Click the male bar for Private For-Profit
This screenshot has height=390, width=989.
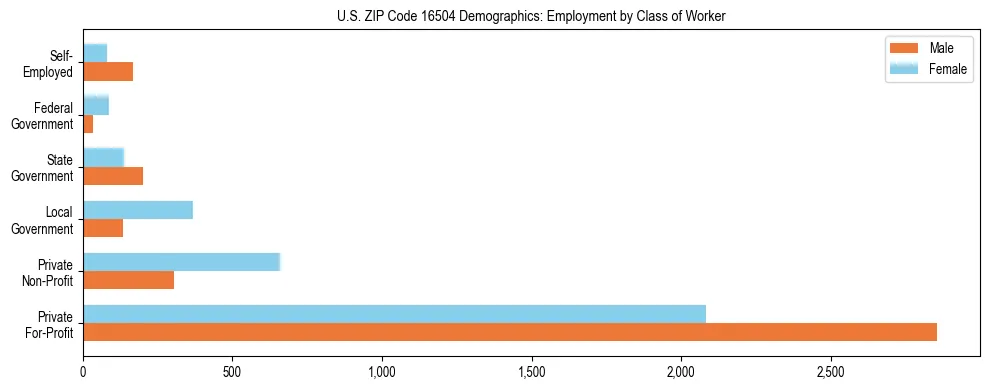[x=510, y=332]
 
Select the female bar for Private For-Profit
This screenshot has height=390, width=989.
[x=394, y=314]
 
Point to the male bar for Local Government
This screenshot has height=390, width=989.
[x=103, y=228]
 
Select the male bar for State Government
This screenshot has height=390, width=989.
[x=113, y=176]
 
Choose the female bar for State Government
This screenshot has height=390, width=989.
[x=103, y=157]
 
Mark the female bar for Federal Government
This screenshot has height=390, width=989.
[x=96, y=105]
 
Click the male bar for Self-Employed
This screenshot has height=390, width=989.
[x=108, y=72]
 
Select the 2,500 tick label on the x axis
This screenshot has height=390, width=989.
[x=830, y=370]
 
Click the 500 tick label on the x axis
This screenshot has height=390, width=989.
[x=233, y=370]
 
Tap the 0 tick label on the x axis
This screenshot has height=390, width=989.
[x=84, y=370]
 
